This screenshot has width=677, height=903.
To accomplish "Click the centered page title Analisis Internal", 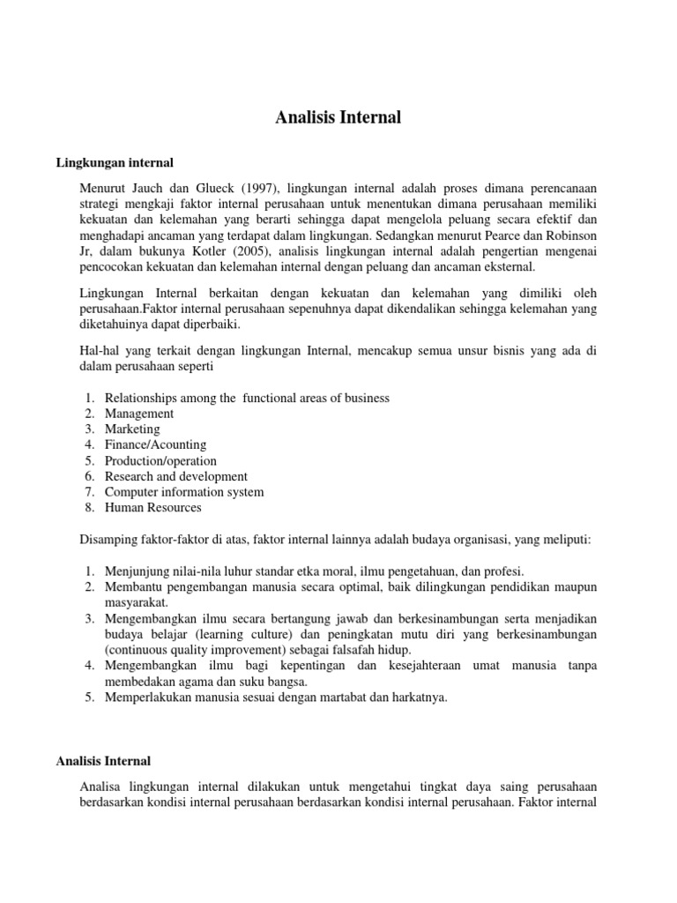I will [x=338, y=117].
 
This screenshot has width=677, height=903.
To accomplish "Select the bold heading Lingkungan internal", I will [x=115, y=163].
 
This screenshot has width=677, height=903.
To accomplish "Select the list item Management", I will [x=139, y=414].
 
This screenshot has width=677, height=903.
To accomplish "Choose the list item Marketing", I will [x=132, y=429].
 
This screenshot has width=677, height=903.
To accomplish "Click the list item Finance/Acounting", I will [x=155, y=445].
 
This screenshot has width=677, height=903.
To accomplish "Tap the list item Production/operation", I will [x=160, y=461].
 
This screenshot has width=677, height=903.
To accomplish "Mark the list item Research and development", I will [x=176, y=477].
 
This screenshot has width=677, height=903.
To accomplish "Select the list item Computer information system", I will [x=184, y=492].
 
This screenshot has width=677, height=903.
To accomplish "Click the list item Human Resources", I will [x=153, y=508].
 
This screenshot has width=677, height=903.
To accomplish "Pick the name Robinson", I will [x=570, y=235].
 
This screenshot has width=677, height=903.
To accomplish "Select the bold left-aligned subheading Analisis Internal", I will [x=104, y=761].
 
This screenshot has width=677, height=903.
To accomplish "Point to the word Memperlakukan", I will [x=145, y=698].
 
